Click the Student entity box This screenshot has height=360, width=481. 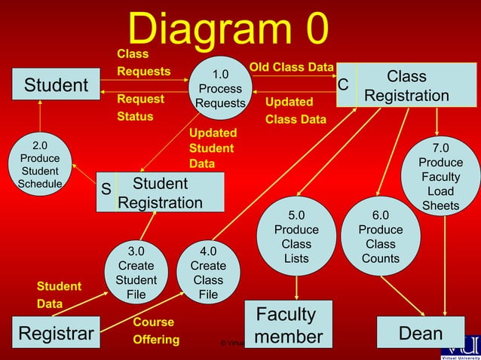tap(56, 85)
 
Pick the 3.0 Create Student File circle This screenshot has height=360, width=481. tap(136, 272)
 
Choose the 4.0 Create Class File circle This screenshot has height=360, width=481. tap(207, 272)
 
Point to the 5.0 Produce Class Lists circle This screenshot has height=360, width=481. tap(296, 237)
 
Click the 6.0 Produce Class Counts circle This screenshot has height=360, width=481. tap(380, 237)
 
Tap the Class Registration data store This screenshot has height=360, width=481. tap(407, 86)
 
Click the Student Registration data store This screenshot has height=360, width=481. tap(161, 193)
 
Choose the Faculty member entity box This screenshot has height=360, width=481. tap(289, 325)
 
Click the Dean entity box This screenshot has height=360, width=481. tap(421, 333)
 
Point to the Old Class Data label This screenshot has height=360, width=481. tap(291, 68)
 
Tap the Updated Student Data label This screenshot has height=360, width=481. tap(212, 148)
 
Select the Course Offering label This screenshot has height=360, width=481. tap(156, 331)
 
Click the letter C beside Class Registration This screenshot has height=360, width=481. tap(342, 85)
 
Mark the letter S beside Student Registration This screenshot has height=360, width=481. tap(106, 190)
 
